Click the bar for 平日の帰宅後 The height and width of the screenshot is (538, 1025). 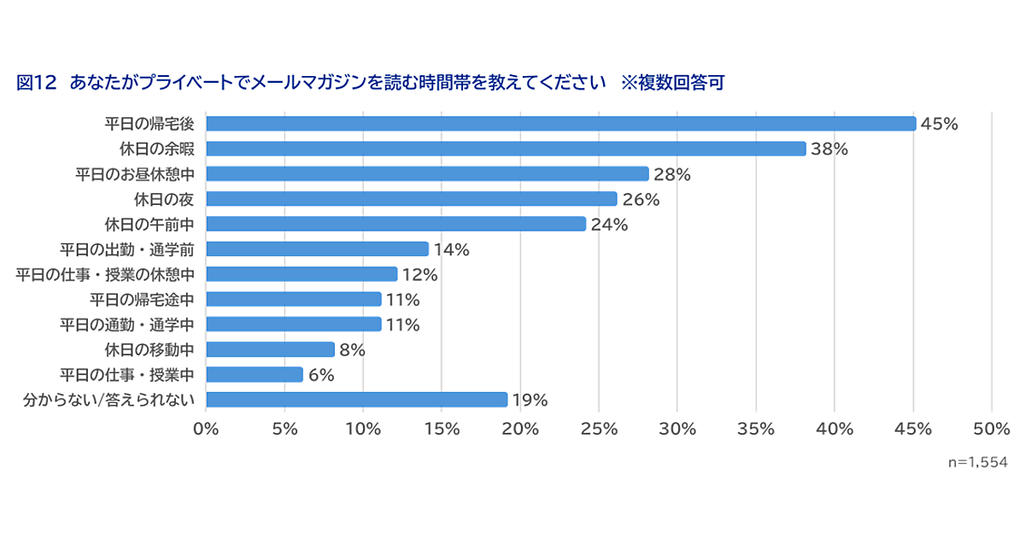[x=560, y=124]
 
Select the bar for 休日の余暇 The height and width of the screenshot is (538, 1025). [x=506, y=149]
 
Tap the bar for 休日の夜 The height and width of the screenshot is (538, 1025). [x=411, y=199]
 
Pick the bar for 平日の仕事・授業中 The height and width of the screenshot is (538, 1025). [x=255, y=375]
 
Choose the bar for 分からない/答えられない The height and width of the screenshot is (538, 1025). [x=356, y=400]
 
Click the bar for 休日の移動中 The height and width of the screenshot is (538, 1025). [x=270, y=349]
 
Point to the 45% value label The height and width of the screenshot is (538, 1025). [x=940, y=124]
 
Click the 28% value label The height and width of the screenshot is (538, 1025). [x=671, y=174]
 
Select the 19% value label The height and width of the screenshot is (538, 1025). [x=530, y=400]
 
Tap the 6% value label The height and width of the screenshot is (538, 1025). [x=320, y=375]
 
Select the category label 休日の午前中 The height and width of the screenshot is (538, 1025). [x=150, y=225]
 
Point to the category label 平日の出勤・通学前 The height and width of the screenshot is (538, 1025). [x=127, y=249]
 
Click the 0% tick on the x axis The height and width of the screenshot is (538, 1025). [x=206, y=430]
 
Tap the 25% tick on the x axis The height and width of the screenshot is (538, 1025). [x=599, y=430]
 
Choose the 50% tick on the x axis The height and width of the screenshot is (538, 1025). [x=992, y=430]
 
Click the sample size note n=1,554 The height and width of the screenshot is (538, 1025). [x=977, y=462]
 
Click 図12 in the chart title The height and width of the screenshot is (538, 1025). [x=36, y=83]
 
